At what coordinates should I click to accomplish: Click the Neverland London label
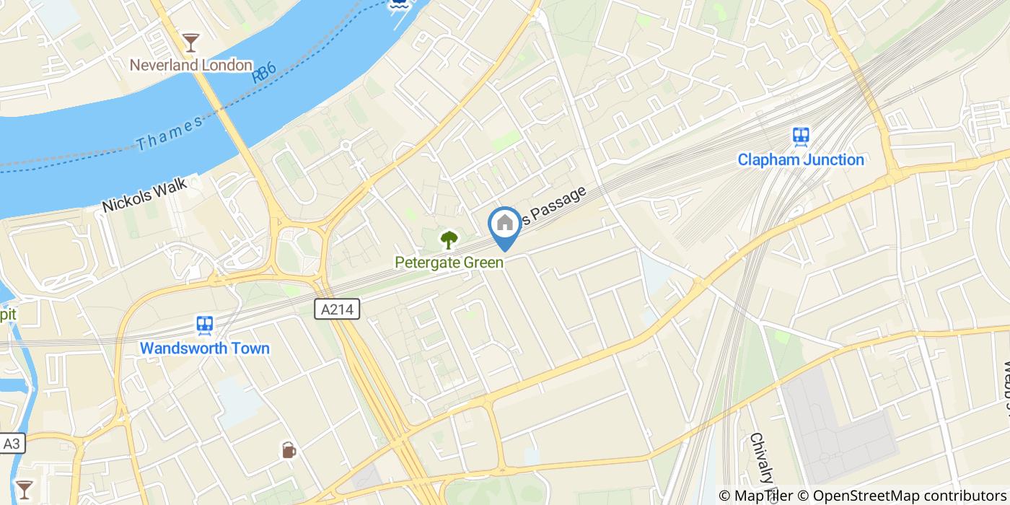click(x=190, y=65)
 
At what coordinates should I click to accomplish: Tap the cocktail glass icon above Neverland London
click(x=190, y=42)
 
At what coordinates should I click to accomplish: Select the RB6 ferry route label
click(x=264, y=73)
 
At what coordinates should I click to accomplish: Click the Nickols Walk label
click(x=144, y=195)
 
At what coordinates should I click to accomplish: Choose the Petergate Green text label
click(x=449, y=262)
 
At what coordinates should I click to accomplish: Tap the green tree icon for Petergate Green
click(x=449, y=240)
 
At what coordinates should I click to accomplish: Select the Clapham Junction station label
click(x=800, y=159)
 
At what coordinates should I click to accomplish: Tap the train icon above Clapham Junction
click(x=800, y=136)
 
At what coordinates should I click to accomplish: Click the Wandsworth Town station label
click(x=204, y=348)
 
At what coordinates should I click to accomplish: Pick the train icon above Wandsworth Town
click(x=204, y=325)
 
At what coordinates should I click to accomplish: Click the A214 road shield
click(x=337, y=309)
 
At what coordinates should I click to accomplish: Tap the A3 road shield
click(x=12, y=444)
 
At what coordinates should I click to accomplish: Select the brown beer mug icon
click(x=289, y=450)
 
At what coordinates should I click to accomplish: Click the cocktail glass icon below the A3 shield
click(x=24, y=488)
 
